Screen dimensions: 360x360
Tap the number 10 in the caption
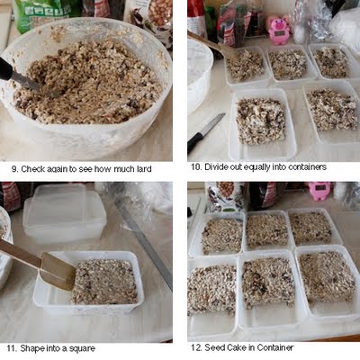196,167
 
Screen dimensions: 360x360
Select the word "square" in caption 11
82,349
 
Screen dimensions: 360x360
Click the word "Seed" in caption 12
213,347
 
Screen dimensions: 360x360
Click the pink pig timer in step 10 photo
279,30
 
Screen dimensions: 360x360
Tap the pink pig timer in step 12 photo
319,191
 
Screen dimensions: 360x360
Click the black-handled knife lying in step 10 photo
205,134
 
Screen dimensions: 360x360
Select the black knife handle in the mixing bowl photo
6,69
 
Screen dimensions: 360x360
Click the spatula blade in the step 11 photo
58,271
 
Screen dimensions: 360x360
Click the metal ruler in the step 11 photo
143,239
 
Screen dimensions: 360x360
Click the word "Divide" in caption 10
216,167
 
